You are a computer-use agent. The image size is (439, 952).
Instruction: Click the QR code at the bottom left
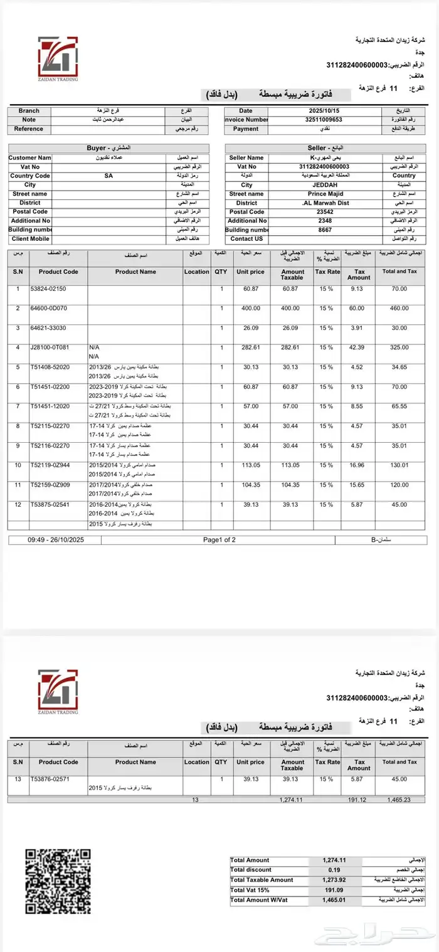[58, 881]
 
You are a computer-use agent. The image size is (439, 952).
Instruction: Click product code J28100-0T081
[50, 347]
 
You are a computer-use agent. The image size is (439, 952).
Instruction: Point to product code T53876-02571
[50, 778]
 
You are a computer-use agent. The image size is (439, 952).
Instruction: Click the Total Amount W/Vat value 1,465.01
[334, 900]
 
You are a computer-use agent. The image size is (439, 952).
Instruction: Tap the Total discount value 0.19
[334, 870]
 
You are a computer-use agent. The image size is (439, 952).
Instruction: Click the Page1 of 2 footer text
[219, 539]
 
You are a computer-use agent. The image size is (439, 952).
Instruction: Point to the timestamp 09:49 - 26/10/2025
[56, 539]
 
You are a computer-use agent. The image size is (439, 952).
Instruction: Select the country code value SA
[108, 176]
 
